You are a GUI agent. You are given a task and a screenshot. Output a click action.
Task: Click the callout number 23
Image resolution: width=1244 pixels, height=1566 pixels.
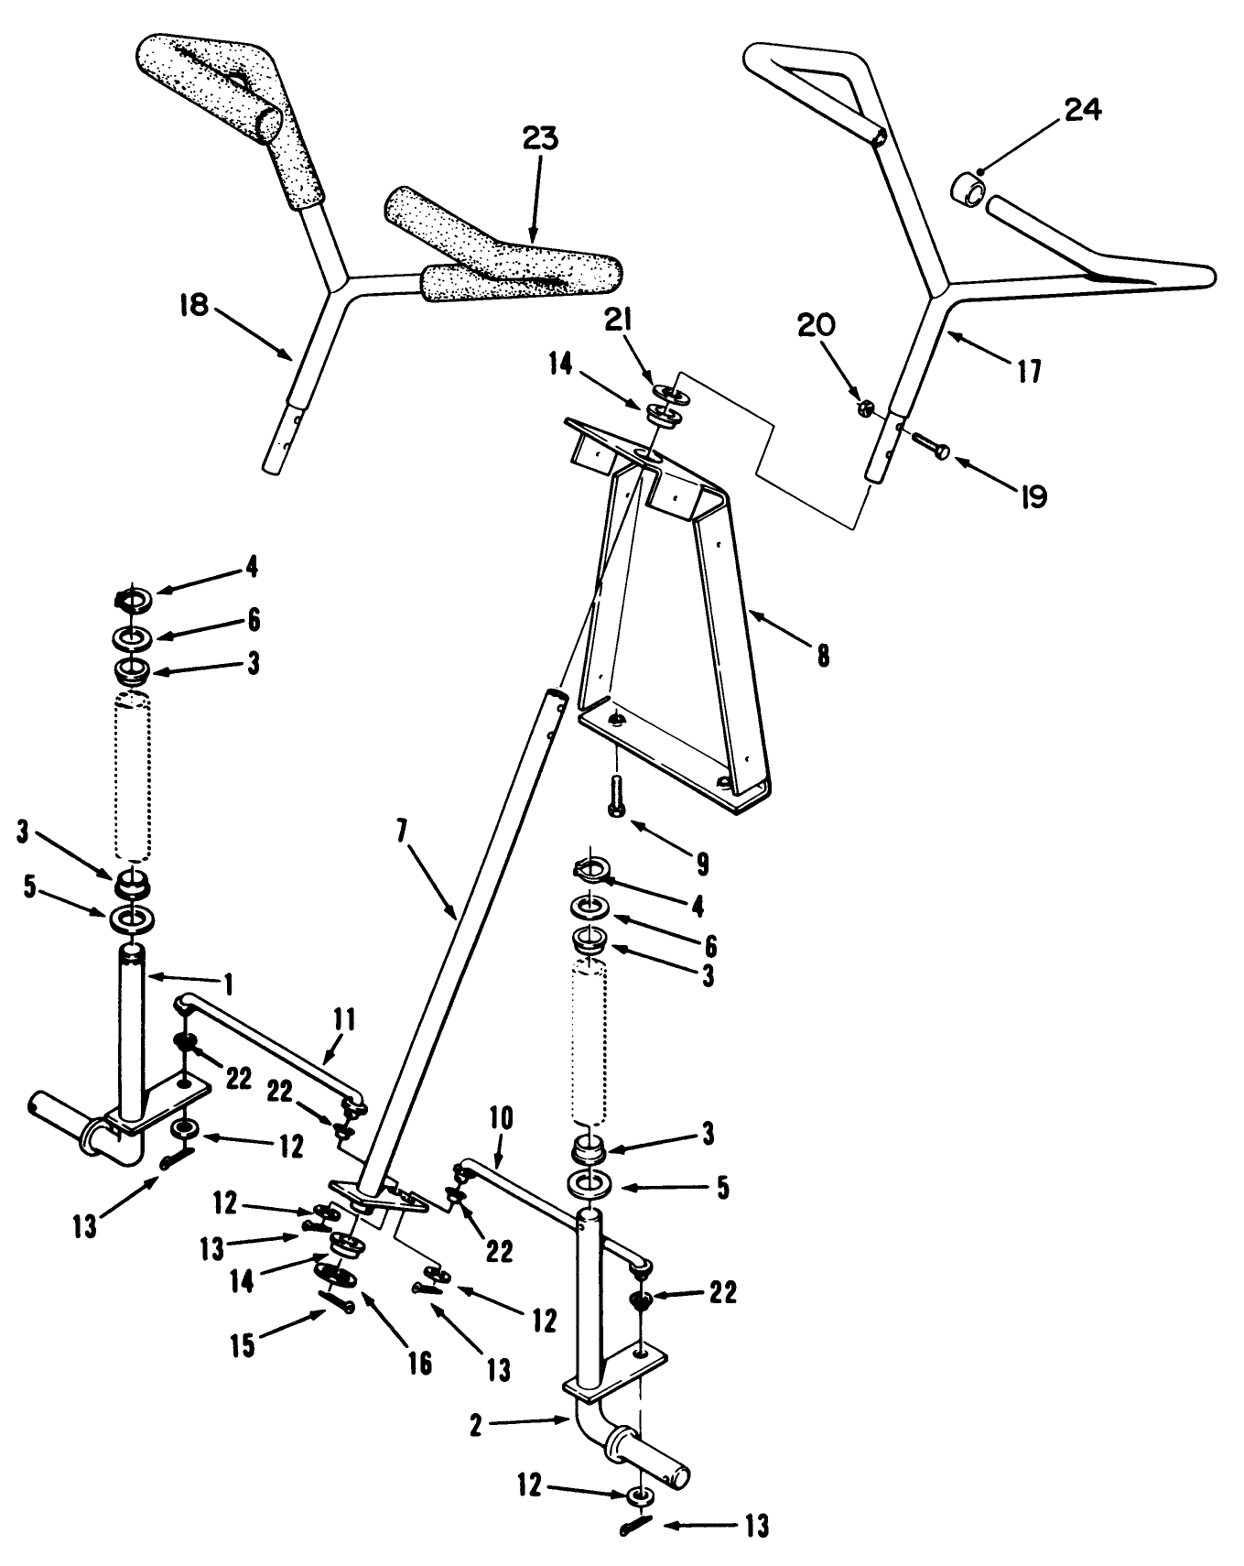pyautogui.click(x=540, y=138)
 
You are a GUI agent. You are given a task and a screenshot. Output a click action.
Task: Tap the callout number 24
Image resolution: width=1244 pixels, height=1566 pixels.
pyautogui.click(x=1082, y=110)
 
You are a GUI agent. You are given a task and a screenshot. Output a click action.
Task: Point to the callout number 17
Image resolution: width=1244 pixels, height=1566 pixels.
pyautogui.click(x=1029, y=372)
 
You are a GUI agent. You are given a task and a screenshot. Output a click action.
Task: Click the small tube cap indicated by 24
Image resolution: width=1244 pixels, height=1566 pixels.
pyautogui.click(x=971, y=191)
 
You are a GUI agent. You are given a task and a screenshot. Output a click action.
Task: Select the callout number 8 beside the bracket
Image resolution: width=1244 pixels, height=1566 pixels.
pyautogui.click(x=823, y=656)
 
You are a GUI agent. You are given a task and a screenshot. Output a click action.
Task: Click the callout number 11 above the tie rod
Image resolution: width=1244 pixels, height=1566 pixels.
pyautogui.click(x=345, y=1020)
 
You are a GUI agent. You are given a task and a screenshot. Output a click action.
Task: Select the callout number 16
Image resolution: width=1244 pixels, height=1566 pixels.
pyautogui.click(x=419, y=1364)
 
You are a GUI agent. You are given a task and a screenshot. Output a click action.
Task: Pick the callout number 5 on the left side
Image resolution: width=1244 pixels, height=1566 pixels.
pyautogui.click(x=30, y=888)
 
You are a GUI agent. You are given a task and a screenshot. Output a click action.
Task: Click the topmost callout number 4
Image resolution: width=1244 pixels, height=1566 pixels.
pyautogui.click(x=250, y=568)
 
